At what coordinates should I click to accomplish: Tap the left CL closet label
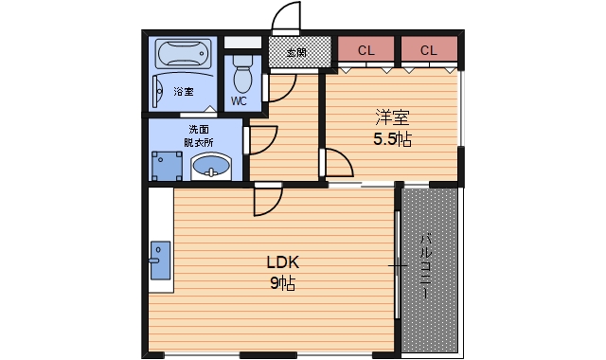[365, 50]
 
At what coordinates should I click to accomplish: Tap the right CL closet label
[427, 50]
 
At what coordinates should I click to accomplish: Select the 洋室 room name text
[392, 118]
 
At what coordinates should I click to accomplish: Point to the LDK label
[282, 262]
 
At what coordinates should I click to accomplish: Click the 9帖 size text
[282, 283]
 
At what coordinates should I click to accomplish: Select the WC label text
[240, 100]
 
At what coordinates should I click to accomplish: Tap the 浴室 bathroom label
[184, 92]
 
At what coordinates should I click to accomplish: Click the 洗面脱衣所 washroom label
[199, 135]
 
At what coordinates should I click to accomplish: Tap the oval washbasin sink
[210, 169]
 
